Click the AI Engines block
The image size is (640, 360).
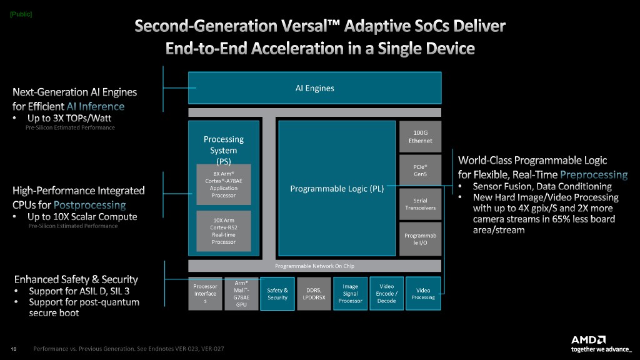[x=314, y=87]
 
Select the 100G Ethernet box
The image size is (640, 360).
[x=420, y=136]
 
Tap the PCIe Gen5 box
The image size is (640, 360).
[x=420, y=170]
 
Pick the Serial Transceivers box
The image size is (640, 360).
[x=420, y=204]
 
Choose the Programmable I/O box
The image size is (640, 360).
[x=420, y=238]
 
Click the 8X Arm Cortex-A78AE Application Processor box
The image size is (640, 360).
[x=224, y=184]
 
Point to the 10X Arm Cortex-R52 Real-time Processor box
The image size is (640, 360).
[x=224, y=231]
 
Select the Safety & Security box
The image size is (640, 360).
[x=277, y=294]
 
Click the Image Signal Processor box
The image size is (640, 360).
[x=351, y=294]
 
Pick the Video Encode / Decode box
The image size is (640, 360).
[x=386, y=294]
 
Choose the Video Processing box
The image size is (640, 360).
[x=423, y=294]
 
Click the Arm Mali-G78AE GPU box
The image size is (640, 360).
[x=241, y=294]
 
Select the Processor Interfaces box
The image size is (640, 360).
[x=206, y=294]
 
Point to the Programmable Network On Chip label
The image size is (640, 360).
[x=314, y=266]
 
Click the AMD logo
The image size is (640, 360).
[x=588, y=339]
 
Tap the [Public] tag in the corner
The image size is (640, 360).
[x=21, y=14]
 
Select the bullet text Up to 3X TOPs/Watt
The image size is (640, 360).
[x=69, y=117]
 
